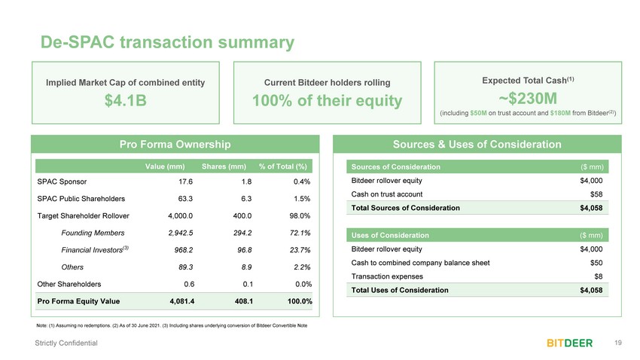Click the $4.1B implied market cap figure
(x=125, y=100)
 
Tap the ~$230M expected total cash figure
(x=528, y=99)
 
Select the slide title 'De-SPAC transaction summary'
(x=167, y=42)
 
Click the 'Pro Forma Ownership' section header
(x=175, y=144)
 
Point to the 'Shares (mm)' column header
(x=224, y=166)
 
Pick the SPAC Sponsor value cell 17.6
(x=185, y=182)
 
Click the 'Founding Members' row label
(x=93, y=233)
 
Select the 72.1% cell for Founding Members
(x=300, y=233)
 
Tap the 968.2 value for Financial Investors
(x=183, y=250)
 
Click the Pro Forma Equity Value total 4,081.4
(x=182, y=301)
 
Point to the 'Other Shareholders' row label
(x=69, y=284)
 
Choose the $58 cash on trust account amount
(x=596, y=194)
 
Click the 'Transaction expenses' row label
(x=387, y=276)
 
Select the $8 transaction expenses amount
(x=599, y=276)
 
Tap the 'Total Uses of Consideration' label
(x=400, y=290)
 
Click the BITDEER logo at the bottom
(x=569, y=343)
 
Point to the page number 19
(x=618, y=343)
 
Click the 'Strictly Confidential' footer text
(x=66, y=343)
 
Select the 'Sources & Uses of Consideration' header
(x=477, y=144)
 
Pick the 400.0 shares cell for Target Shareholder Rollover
(x=242, y=216)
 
